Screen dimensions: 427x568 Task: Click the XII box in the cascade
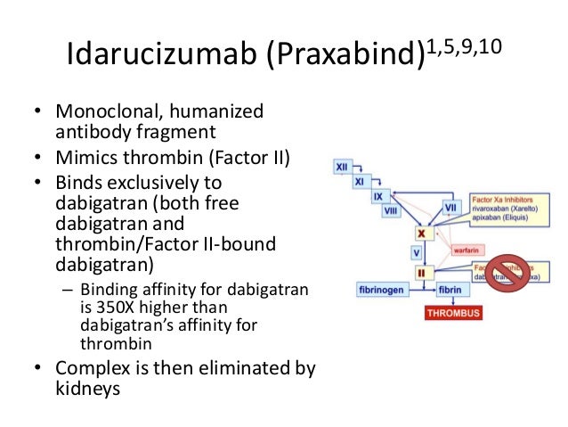[342, 167]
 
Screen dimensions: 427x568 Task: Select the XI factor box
[359, 181]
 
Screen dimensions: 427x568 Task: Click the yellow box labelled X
[420, 233]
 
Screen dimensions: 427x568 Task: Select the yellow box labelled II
[420, 271]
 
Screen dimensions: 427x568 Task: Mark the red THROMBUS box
[453, 313]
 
